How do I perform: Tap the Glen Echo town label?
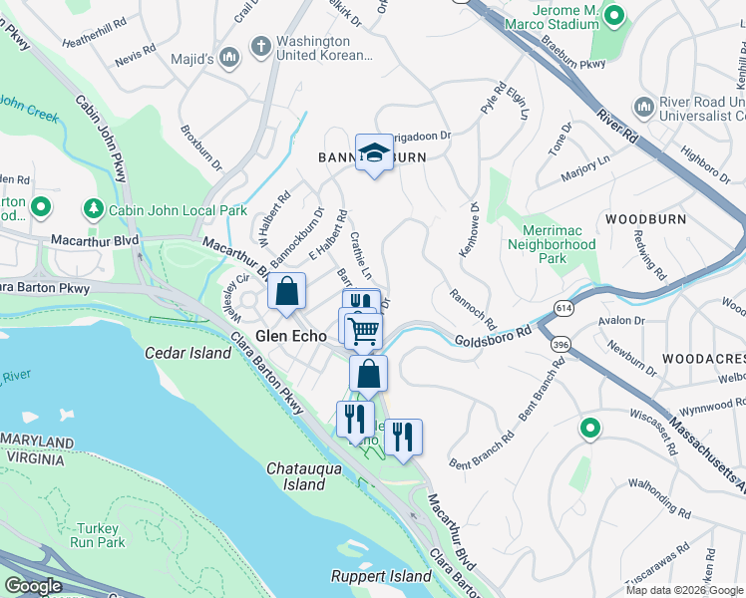(x=291, y=337)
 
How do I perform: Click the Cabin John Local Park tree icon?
(x=93, y=209)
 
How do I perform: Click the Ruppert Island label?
(x=382, y=577)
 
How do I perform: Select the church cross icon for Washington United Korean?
(x=260, y=46)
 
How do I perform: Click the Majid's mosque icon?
(x=231, y=59)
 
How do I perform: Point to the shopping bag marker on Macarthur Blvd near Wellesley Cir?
(x=286, y=293)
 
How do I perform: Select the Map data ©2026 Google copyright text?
(x=682, y=590)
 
